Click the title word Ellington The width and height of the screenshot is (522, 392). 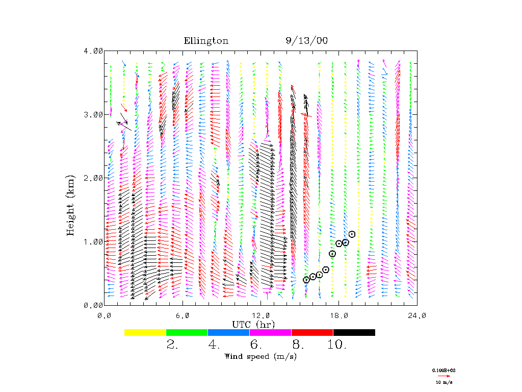206,41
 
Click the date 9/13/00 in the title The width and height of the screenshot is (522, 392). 306,41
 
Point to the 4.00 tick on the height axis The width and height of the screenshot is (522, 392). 93,51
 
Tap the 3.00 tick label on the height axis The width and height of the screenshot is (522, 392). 93,114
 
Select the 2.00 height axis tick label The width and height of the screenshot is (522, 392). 93,178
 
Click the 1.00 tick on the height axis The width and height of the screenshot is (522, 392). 93,241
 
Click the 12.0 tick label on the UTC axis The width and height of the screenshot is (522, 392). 260,315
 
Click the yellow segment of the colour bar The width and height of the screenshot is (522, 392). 145,332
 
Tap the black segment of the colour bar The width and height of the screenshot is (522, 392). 354,332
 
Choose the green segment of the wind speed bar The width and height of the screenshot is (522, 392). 187,332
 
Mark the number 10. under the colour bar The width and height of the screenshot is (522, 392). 337,345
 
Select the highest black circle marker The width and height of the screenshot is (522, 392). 352,234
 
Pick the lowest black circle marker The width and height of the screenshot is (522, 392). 306,279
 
